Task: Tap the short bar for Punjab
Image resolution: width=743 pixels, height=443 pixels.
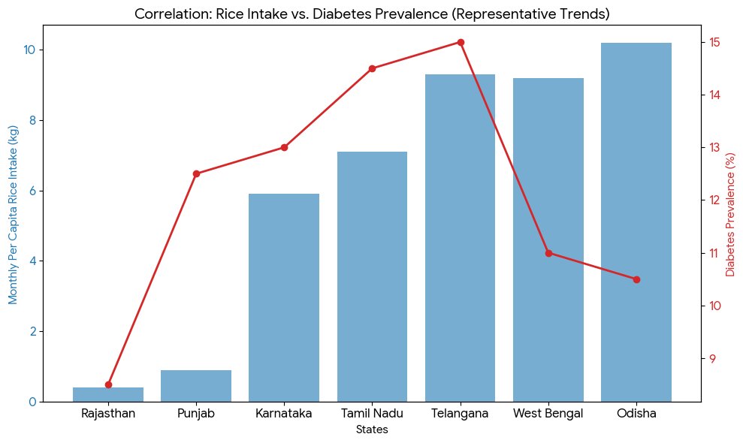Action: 196,386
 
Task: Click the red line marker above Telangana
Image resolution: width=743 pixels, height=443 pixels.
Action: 461,42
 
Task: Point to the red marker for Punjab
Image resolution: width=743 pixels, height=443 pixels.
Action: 196,174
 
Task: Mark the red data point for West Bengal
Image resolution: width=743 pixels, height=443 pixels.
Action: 548,253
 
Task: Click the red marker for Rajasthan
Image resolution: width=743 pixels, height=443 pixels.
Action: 108,385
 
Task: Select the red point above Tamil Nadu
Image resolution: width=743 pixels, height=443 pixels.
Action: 372,69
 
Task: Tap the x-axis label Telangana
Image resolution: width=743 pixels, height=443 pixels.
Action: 461,414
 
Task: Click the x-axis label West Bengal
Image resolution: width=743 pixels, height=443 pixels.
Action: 548,414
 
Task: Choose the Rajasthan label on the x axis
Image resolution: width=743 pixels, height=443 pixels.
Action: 108,414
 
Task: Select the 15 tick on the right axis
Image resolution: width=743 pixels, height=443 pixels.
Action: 714,42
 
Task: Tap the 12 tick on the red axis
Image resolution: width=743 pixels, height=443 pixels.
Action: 714,200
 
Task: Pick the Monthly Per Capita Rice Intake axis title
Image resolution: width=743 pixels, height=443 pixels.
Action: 12,214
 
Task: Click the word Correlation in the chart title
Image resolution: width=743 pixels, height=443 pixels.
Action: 170,14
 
